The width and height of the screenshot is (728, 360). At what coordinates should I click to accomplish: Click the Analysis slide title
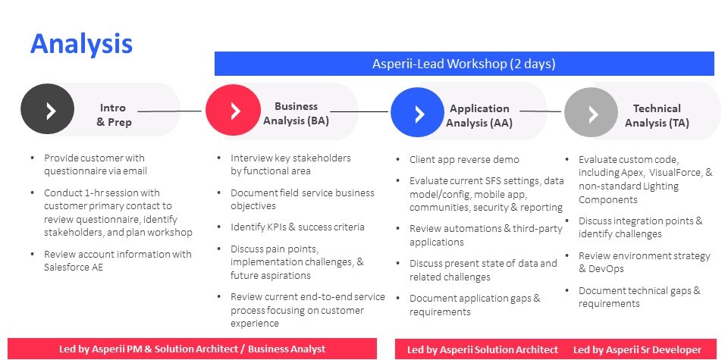(81, 45)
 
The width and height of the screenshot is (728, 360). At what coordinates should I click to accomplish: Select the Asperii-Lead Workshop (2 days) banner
(464, 64)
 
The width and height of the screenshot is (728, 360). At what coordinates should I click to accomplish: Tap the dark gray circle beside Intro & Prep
(47, 109)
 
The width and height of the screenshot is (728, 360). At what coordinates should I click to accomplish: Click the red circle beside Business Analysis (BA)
(233, 110)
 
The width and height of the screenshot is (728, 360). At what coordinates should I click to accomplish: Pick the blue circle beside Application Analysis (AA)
(417, 113)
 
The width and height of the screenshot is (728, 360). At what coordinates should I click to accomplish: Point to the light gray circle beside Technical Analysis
(591, 113)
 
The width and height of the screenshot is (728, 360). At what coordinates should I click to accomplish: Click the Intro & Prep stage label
(114, 114)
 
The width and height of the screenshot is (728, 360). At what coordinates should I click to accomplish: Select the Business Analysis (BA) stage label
(297, 114)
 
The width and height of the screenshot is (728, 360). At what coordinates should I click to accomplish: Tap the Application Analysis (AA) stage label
(479, 115)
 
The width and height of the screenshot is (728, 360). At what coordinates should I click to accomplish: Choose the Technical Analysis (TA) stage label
(657, 115)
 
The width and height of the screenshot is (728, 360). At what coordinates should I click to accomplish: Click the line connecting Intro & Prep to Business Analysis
(169, 111)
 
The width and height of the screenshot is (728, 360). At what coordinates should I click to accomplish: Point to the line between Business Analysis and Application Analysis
(359, 111)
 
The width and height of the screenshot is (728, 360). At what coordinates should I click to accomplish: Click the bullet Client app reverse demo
(464, 160)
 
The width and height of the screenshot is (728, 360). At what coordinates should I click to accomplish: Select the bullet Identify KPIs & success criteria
(297, 227)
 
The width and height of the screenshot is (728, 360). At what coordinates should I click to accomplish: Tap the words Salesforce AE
(74, 268)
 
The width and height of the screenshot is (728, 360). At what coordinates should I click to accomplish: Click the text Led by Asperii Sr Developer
(638, 349)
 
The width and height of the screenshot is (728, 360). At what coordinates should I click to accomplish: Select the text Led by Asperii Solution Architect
(482, 349)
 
